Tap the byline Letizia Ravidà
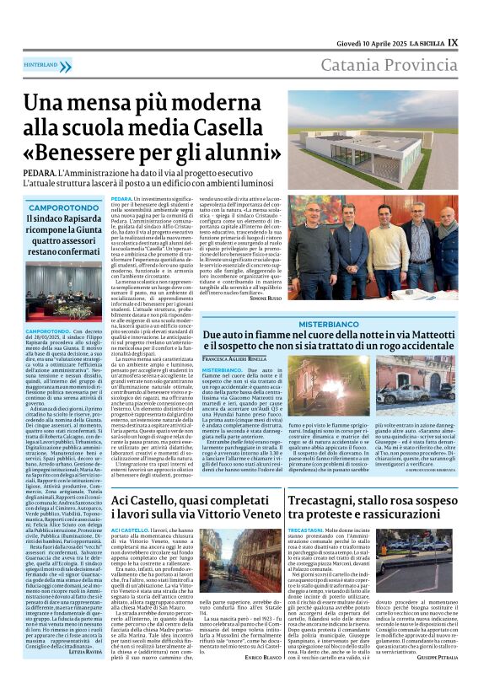tap(84, 674)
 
